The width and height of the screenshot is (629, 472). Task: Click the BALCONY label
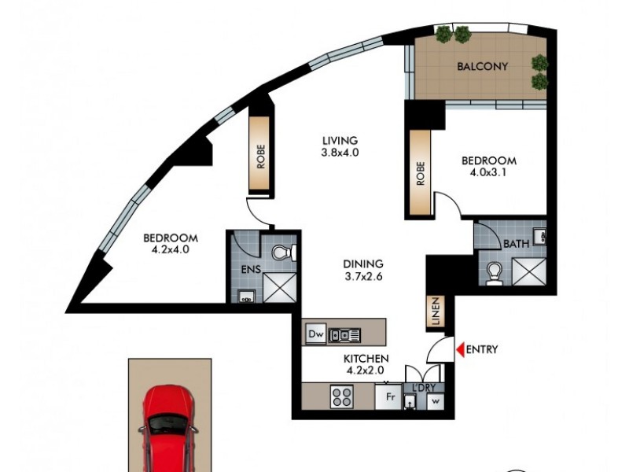click(x=482, y=67)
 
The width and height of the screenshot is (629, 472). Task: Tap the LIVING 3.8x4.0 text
click(x=340, y=147)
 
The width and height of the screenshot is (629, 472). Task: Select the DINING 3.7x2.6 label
click(x=362, y=270)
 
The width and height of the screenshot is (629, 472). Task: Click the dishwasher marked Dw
click(x=315, y=335)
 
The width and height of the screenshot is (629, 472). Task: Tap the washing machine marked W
click(x=435, y=400)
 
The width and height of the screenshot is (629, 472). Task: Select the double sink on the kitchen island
click(x=345, y=335)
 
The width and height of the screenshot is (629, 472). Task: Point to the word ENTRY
click(x=482, y=350)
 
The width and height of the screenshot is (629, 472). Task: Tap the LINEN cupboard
click(x=434, y=312)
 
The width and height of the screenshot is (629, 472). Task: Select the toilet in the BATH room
click(x=495, y=272)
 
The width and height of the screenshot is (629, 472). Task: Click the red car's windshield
click(x=169, y=424)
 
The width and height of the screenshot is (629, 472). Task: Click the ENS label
click(x=249, y=271)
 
